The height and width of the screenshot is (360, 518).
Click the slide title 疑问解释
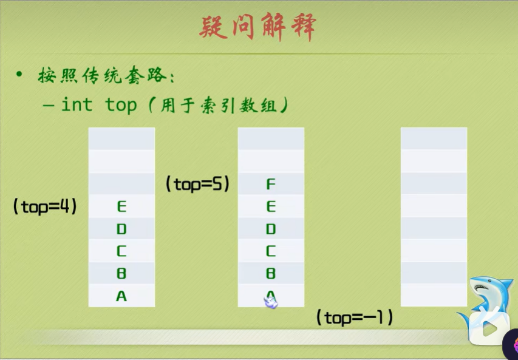pyautogui.click(x=258, y=28)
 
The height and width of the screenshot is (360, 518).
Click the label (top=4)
pyautogui.click(x=45, y=206)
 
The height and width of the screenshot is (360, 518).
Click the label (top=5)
pyautogui.click(x=197, y=184)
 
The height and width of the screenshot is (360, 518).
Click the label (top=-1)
pyautogui.click(x=355, y=317)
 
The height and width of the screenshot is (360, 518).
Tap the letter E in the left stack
pyautogui.click(x=121, y=207)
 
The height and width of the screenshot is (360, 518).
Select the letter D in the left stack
pyautogui.click(x=121, y=229)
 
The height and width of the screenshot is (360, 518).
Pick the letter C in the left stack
pyautogui.click(x=121, y=251)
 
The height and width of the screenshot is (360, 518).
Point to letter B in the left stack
pyautogui.click(x=121, y=274)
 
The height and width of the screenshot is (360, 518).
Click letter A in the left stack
pyautogui.click(x=121, y=296)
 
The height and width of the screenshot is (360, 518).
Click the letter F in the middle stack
pyautogui.click(x=271, y=185)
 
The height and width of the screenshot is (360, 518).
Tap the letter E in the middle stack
pyautogui.click(x=271, y=207)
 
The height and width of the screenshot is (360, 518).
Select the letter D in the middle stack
pyautogui.click(x=271, y=229)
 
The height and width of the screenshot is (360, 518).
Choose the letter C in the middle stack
pyautogui.click(x=271, y=251)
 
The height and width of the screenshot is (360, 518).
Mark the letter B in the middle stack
pyautogui.click(x=271, y=274)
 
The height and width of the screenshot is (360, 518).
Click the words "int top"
pyautogui.click(x=98, y=105)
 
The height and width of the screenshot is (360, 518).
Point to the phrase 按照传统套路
pyautogui.click(x=103, y=76)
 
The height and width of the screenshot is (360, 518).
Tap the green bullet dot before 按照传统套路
pyautogui.click(x=19, y=75)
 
